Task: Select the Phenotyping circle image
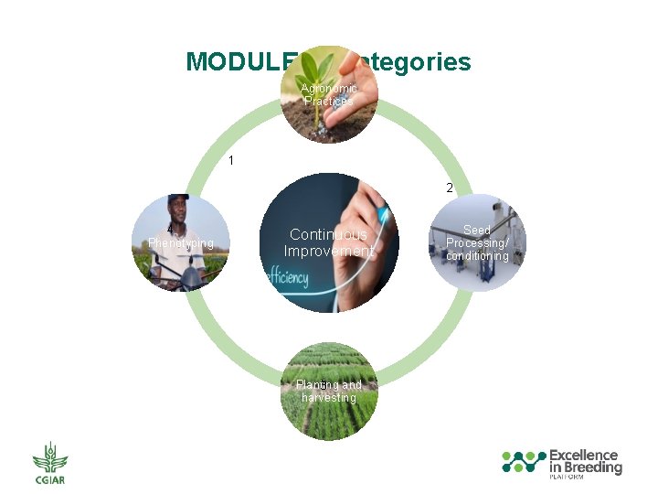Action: pos(180,242)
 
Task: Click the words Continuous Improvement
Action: pos(329,243)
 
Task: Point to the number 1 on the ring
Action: pos(231,161)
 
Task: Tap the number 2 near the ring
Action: pos(450,188)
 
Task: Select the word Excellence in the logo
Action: pos(583,455)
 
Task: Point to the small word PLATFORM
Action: pos(568,478)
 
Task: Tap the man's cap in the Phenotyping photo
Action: pos(178,199)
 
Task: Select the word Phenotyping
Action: pos(181,243)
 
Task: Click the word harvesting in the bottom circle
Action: pos(329,398)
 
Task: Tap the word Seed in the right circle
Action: pos(477,231)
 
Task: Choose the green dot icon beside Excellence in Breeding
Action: pos(524,461)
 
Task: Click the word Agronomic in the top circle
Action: pos(329,89)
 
